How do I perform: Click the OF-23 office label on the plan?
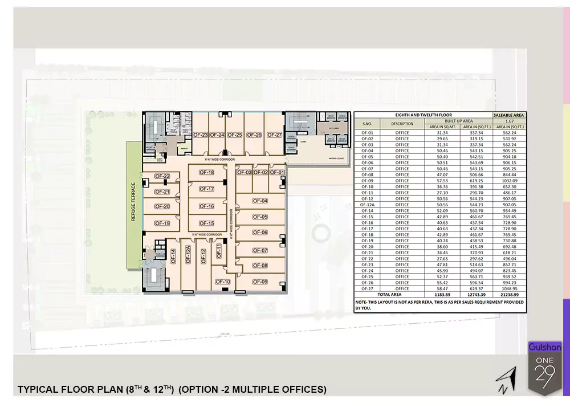[x=199, y=135]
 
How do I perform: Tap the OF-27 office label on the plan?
[x=274, y=135]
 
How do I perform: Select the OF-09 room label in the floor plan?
[x=260, y=282]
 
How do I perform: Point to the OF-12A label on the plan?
[x=188, y=255]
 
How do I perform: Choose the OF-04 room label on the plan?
[x=260, y=201]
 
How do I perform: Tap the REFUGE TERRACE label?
[x=133, y=202]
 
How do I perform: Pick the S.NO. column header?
[x=367, y=123]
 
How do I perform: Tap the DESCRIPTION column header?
[x=402, y=123]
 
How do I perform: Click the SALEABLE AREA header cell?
[x=510, y=115]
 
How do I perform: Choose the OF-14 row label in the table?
[x=367, y=210]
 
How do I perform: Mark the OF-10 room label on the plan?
[x=223, y=282]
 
